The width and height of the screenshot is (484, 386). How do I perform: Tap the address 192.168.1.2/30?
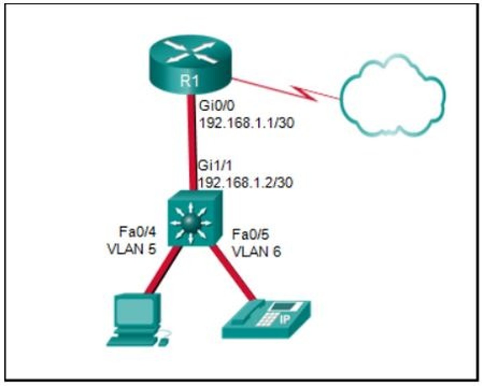coord(246,183)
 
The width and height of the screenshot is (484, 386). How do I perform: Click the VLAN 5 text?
coord(131,249)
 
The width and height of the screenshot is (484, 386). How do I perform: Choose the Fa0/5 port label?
coord(250,235)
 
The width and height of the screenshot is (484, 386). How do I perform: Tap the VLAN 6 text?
coord(256,252)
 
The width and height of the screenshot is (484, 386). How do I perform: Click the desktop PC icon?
coord(136,319)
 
